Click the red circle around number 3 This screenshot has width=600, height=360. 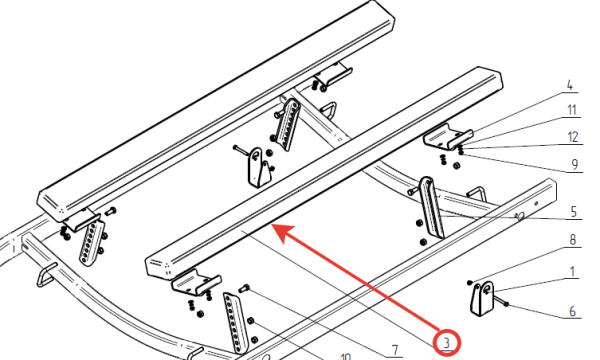(x=447, y=342)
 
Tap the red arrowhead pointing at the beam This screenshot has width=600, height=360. (x=283, y=233)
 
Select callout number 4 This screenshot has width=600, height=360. (x=570, y=85)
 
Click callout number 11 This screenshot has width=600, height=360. (x=572, y=110)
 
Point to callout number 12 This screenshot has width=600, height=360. (x=573, y=137)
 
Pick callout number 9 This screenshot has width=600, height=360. (x=575, y=165)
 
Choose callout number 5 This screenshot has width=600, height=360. (x=573, y=212)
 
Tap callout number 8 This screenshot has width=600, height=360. (x=572, y=240)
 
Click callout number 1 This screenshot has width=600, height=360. (x=572, y=272)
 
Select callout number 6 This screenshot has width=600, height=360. (x=572, y=311)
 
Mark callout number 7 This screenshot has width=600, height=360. (x=395, y=349)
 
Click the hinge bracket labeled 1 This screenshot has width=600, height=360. (x=482, y=298)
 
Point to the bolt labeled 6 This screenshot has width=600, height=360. (x=499, y=300)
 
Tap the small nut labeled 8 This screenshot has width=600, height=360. (x=470, y=283)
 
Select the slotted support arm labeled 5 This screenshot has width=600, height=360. (x=431, y=207)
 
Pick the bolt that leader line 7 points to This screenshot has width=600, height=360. (x=244, y=288)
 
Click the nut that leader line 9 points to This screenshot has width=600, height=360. (x=461, y=153)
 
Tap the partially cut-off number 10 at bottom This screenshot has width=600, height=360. (x=346, y=357)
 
